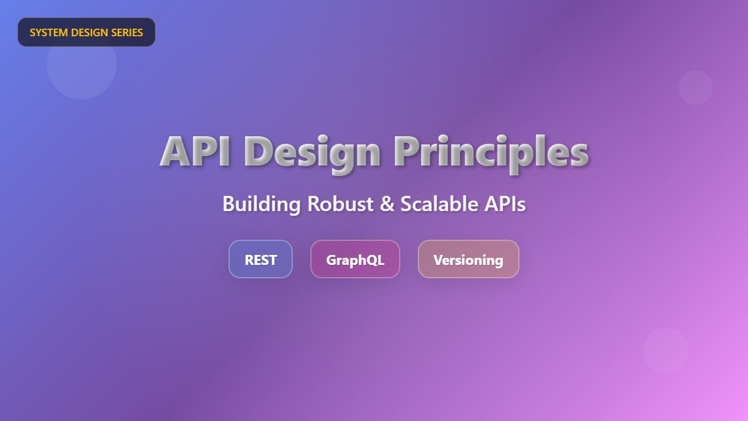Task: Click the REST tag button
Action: tap(261, 259)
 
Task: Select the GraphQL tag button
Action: tap(355, 259)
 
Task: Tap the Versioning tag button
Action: tap(469, 259)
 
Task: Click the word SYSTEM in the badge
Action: tap(49, 32)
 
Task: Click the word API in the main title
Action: tap(195, 151)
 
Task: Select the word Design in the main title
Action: tap(312, 154)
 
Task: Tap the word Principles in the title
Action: tap(491, 154)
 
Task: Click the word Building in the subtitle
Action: tap(261, 204)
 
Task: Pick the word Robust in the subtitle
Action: tap(340, 203)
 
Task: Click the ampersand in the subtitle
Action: tap(387, 203)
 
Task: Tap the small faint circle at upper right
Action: tap(695, 88)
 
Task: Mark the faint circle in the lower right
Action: tap(666, 351)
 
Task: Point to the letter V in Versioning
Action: tap(438, 260)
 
